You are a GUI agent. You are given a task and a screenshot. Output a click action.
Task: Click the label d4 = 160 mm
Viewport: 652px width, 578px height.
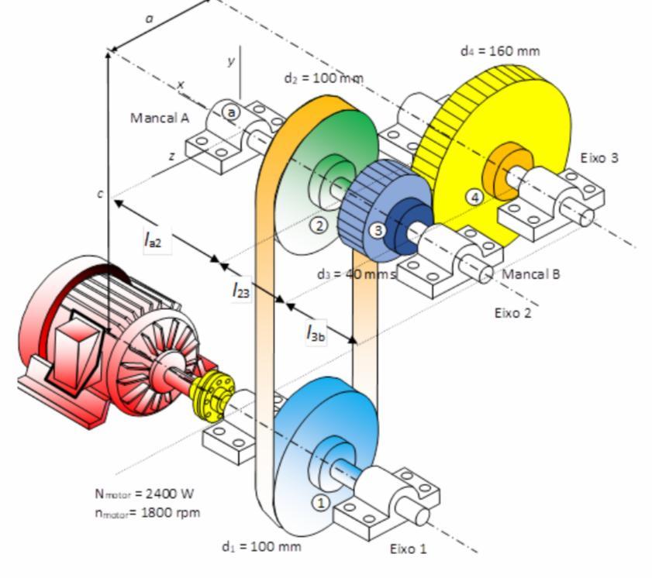click(499, 51)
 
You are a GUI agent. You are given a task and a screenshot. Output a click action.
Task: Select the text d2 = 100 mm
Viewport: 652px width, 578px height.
click(323, 78)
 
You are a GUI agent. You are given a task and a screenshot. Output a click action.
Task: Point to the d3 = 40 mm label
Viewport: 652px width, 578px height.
click(356, 274)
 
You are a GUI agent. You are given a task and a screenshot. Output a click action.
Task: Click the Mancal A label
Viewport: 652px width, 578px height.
click(160, 118)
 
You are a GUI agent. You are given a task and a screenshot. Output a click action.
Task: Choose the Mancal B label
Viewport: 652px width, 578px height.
click(531, 274)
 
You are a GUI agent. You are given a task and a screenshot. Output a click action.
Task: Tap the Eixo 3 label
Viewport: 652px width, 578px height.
click(599, 157)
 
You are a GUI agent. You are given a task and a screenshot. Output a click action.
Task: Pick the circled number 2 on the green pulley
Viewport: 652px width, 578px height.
click(319, 225)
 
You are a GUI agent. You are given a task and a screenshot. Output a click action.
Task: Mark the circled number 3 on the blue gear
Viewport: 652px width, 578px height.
click(378, 229)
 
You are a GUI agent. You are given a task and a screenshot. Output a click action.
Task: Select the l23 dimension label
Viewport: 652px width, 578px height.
click(240, 291)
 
